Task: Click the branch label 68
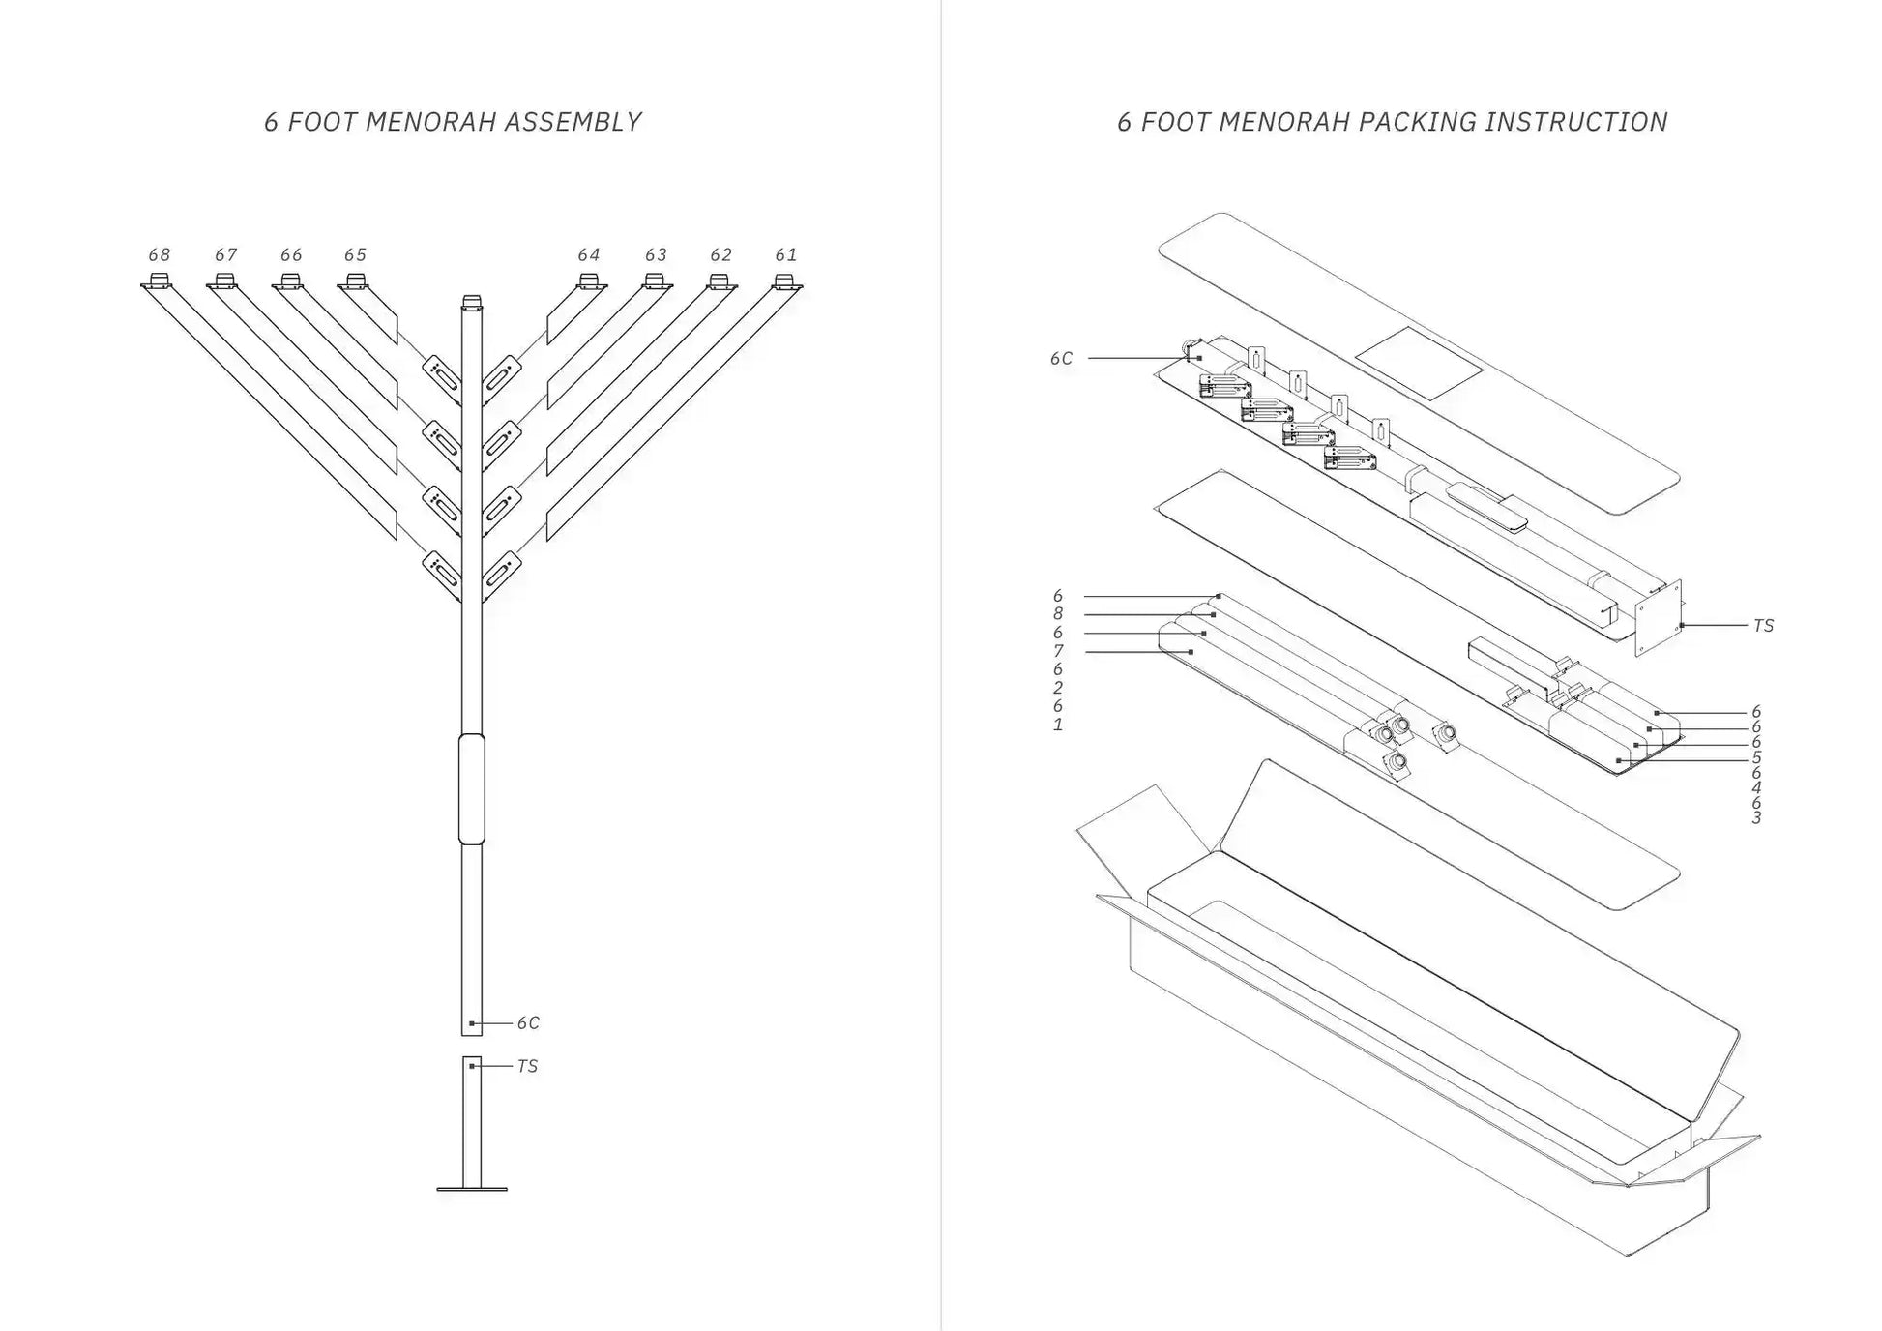pos(159,255)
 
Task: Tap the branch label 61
pos(785,255)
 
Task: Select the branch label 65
pos(355,255)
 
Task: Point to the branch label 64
pos(588,255)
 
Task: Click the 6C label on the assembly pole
pos(528,1023)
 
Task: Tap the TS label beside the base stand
pos(527,1067)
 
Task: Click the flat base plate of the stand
pos(472,1189)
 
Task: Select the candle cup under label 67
pos(224,281)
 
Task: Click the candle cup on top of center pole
pos(471,301)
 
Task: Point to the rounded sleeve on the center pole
pos(471,788)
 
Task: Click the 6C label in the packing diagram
pos(1061,359)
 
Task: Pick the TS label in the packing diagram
pos(1763,627)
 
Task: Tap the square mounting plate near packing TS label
pos(1658,619)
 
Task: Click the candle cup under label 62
pos(719,281)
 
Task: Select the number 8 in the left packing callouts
pos(1058,614)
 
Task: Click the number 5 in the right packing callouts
pos(1756,757)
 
